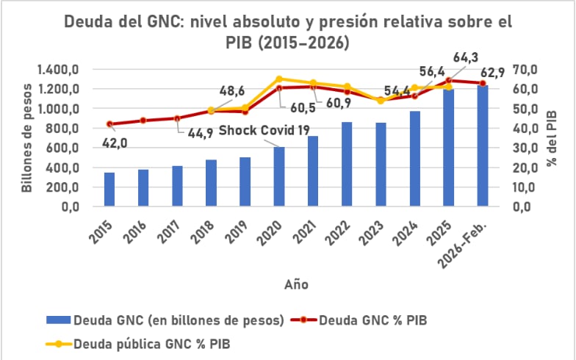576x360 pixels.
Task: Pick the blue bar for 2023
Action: pyautogui.click(x=380, y=165)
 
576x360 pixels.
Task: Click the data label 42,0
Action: pyautogui.click(x=114, y=144)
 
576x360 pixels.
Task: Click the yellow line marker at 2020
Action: pyautogui.click(x=279, y=79)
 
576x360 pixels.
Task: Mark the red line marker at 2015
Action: pyautogui.click(x=110, y=124)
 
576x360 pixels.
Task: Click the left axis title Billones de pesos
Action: pyautogui.click(x=27, y=138)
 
